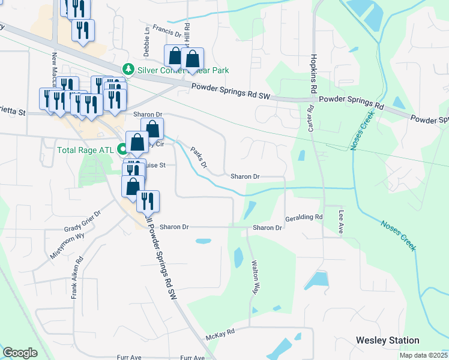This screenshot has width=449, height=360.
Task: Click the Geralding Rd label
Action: [304, 217]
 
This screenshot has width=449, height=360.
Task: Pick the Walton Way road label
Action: [256, 278]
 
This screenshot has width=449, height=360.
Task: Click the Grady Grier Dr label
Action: [82, 221]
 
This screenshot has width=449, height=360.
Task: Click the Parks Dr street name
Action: [199, 157]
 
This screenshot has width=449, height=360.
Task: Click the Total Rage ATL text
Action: [87, 149]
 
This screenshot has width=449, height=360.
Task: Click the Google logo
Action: [20, 353]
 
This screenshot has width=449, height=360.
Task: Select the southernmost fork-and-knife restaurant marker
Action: [148, 202]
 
